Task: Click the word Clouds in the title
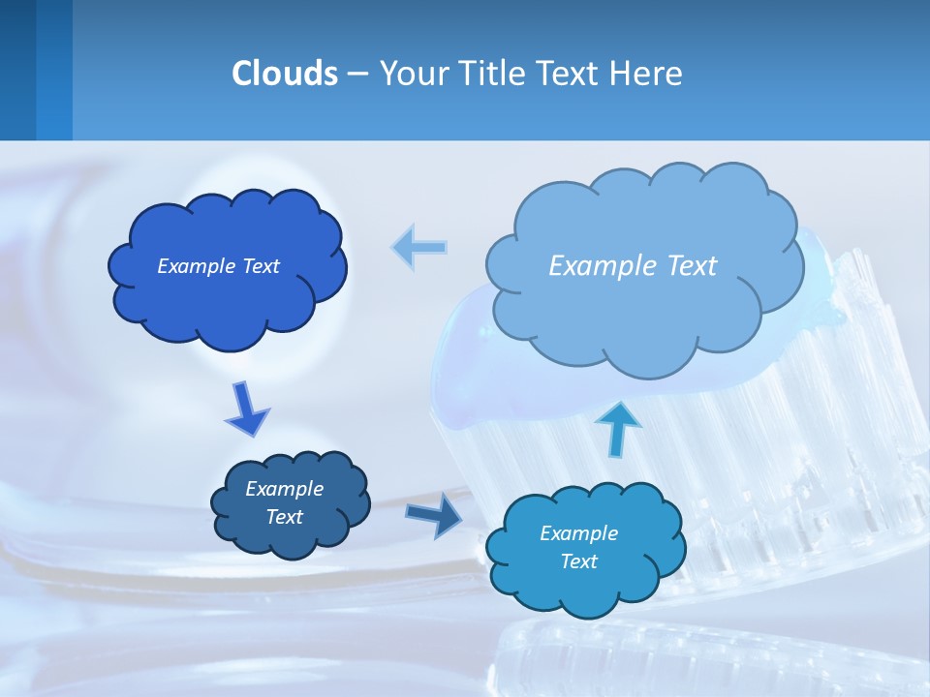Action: (x=284, y=74)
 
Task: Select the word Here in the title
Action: (x=647, y=74)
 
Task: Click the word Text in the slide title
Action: (x=571, y=74)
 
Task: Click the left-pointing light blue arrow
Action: (x=419, y=247)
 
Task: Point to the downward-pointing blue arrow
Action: (x=246, y=409)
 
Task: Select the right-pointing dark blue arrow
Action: (x=434, y=514)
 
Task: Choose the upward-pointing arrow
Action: (x=618, y=427)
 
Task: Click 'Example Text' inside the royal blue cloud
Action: (x=218, y=266)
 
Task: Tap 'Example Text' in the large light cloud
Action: (x=633, y=266)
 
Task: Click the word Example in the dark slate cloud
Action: (x=284, y=489)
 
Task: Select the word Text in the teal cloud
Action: (x=578, y=561)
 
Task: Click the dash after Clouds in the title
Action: (x=356, y=74)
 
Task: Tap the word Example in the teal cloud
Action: (x=578, y=533)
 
